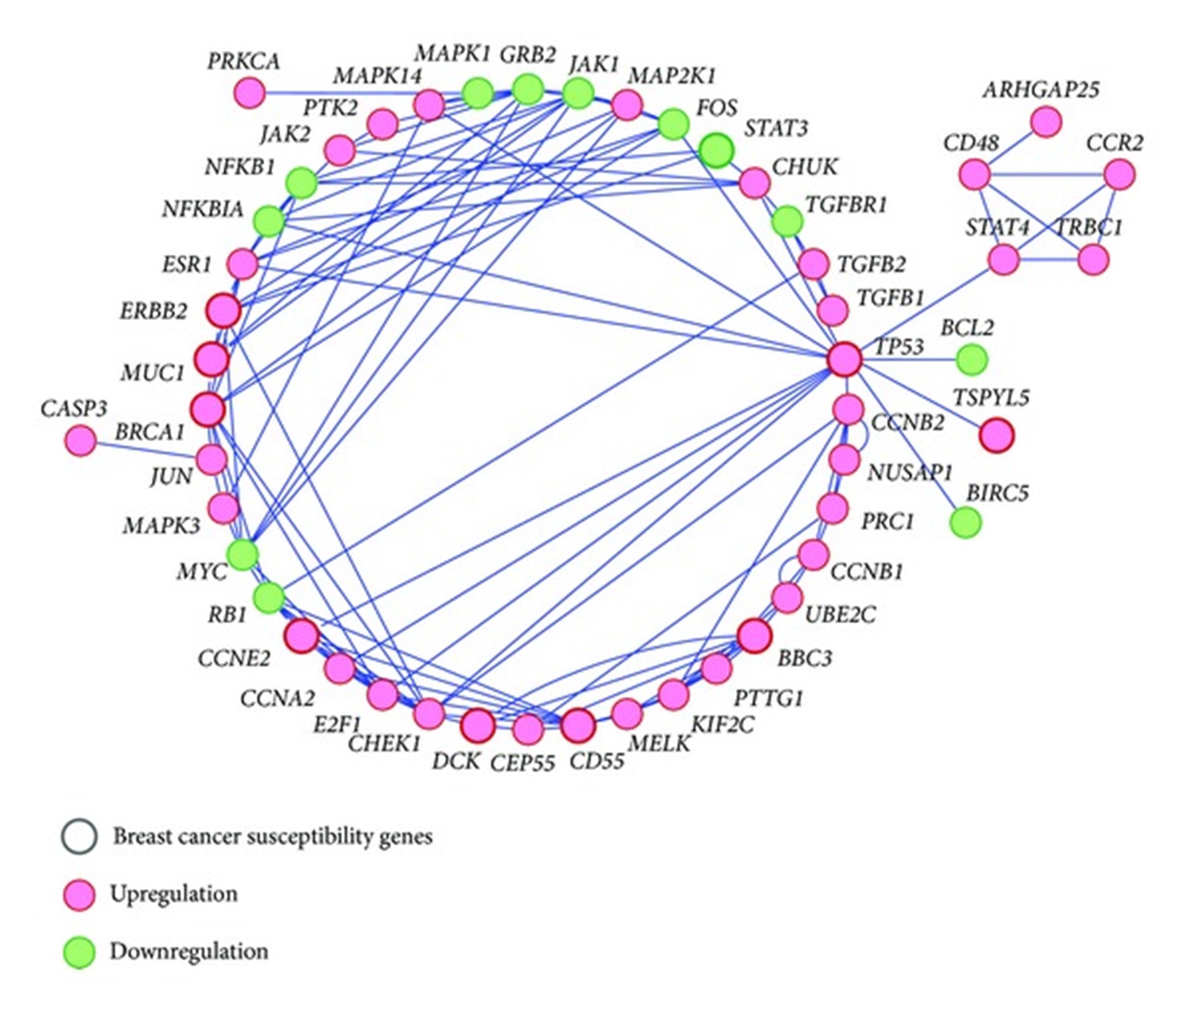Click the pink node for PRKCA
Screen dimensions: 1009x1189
249,93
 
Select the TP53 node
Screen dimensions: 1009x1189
845,359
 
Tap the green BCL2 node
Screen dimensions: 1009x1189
971,360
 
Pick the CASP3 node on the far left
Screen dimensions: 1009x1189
81,440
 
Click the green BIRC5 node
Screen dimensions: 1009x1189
965,522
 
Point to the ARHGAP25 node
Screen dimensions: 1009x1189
1046,122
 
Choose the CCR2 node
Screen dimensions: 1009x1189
1119,174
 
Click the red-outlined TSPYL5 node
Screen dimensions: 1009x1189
996,436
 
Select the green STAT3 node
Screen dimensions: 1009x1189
717,150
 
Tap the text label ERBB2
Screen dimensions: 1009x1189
153,312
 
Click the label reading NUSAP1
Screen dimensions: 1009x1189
910,472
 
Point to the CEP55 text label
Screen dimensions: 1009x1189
523,763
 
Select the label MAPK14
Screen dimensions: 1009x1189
377,76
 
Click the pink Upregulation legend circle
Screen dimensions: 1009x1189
79,895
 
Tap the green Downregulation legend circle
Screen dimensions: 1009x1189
79,952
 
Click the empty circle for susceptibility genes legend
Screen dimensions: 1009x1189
79,836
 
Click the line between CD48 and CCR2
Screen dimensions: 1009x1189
1046,174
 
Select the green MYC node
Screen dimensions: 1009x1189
242,554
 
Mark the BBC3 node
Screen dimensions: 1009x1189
755,635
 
